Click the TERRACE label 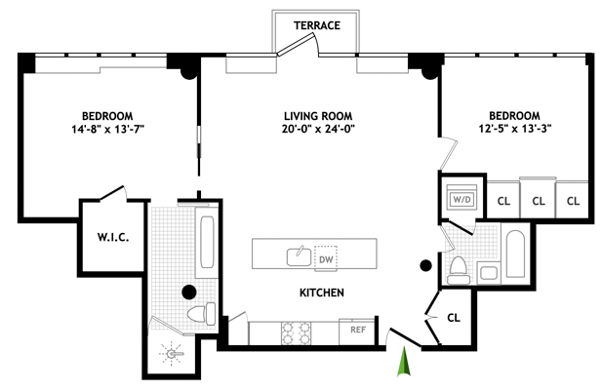pyautogui.click(x=317, y=25)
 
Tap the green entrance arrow pyautogui.click(x=404, y=361)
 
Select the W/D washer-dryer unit pyautogui.click(x=462, y=199)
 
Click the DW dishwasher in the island pyautogui.click(x=326, y=259)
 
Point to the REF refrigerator pyautogui.click(x=357, y=331)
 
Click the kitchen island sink pyautogui.click(x=300, y=255)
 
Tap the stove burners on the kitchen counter pyautogui.click(x=296, y=333)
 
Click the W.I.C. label pyautogui.click(x=113, y=238)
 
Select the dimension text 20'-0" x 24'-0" pyautogui.click(x=318, y=129)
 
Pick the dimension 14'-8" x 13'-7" pyautogui.click(x=107, y=129)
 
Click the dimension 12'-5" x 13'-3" pyautogui.click(x=515, y=129)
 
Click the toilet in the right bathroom pyautogui.click(x=458, y=270)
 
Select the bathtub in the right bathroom pyautogui.click(x=515, y=254)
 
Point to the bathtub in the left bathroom pyautogui.click(x=207, y=242)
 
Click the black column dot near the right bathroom pyautogui.click(x=425, y=265)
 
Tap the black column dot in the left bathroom pyautogui.click(x=189, y=293)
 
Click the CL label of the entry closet pyautogui.click(x=454, y=318)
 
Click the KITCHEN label pyautogui.click(x=322, y=293)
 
